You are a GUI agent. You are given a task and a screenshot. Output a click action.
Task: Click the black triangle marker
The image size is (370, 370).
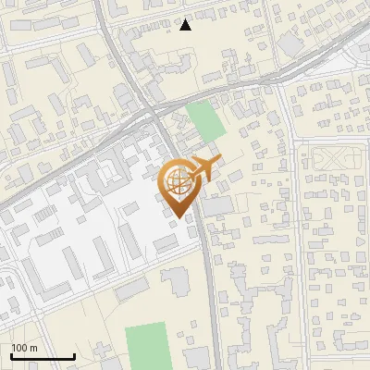pos(186,25)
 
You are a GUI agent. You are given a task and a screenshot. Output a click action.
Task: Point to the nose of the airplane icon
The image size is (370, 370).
pos(216,163)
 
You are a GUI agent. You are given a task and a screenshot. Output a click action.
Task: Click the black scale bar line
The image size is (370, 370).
pos(43,357)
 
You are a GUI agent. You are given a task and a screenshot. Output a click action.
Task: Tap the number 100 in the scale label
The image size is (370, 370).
pos(18,348)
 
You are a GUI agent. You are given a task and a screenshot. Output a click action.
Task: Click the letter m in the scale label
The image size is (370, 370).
pos(33,348)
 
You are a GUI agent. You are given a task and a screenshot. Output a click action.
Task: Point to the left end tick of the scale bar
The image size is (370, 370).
pos(11,356)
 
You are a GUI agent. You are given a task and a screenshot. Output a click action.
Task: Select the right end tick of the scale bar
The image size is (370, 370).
pos(74,356)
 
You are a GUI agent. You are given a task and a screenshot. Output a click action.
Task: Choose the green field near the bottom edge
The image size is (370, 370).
pos(147,345)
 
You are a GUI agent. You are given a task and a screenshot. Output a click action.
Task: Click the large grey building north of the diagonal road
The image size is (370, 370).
pos(292,43)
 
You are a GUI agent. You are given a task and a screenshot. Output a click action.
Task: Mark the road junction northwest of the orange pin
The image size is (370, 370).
pos(151,112)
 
